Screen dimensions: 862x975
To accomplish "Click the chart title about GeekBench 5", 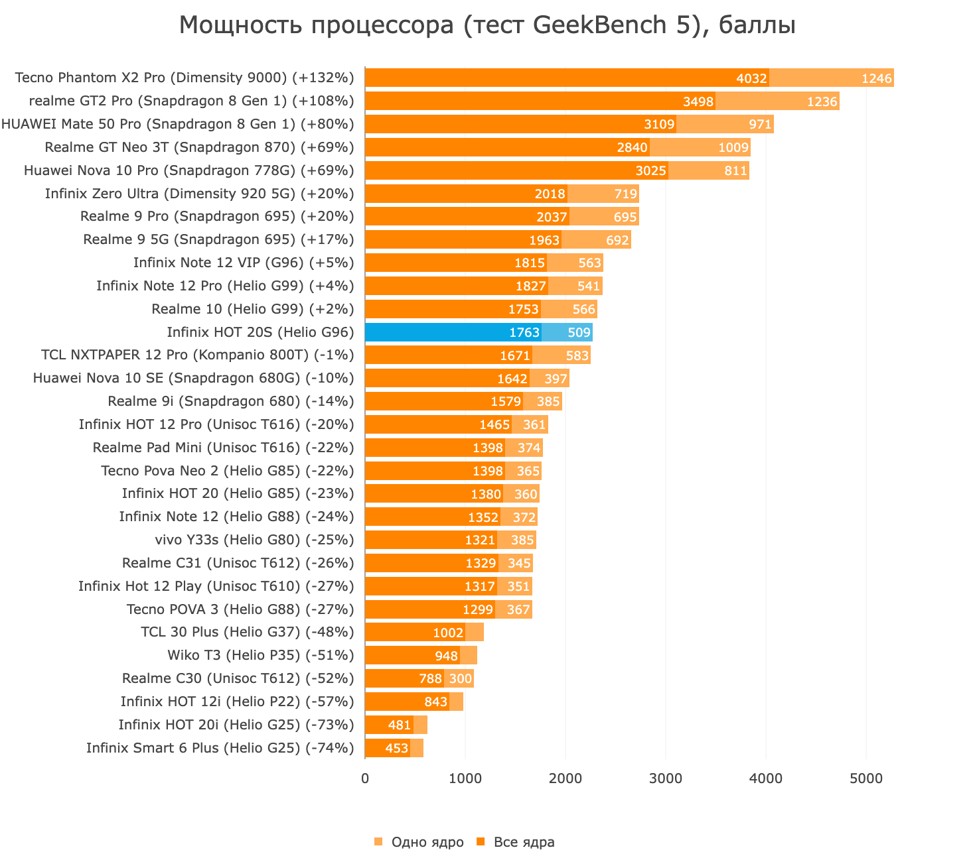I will pos(487,25).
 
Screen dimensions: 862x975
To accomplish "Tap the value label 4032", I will pos(751,78).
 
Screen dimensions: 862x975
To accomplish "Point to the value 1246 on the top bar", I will pos(876,78).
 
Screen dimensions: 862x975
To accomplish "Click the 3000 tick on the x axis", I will pos(666,778).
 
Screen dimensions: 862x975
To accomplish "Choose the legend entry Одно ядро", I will pos(427,842).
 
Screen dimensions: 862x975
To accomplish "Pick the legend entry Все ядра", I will pos(524,842).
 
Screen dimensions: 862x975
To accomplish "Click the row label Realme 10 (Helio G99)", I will pos(252,309).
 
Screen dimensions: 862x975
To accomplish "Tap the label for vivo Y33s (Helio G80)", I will pos(254,540).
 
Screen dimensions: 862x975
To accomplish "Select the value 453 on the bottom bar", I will pos(396,748).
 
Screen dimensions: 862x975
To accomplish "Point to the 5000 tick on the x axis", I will pos(866,778).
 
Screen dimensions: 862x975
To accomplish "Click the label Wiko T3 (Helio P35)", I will pos(260,655).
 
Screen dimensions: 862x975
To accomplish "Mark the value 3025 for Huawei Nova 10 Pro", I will pos(650,170).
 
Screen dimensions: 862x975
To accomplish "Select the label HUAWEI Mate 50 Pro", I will pos(178,124).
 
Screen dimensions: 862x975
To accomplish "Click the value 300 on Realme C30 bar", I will pos(460,678).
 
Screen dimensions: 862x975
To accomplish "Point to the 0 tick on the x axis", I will pos(365,778).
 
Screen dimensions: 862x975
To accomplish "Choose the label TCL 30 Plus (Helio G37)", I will pos(247,632).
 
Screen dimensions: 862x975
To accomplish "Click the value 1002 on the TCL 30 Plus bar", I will pos(447,633).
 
